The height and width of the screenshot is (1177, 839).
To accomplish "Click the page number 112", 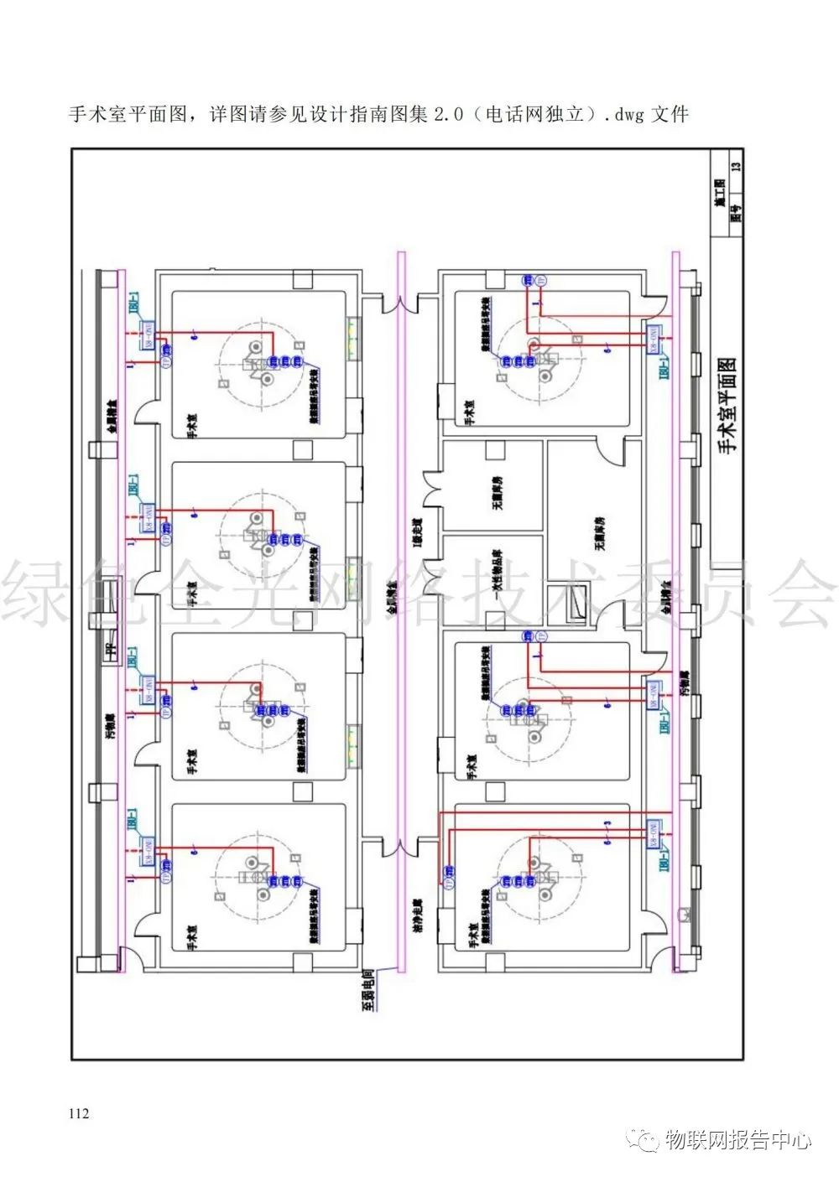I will pyautogui.click(x=80, y=1113).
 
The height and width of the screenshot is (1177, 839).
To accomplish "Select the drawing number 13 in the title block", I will pyautogui.click(x=736, y=166).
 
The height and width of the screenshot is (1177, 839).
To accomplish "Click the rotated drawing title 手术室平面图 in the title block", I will pyautogui.click(x=727, y=405).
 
